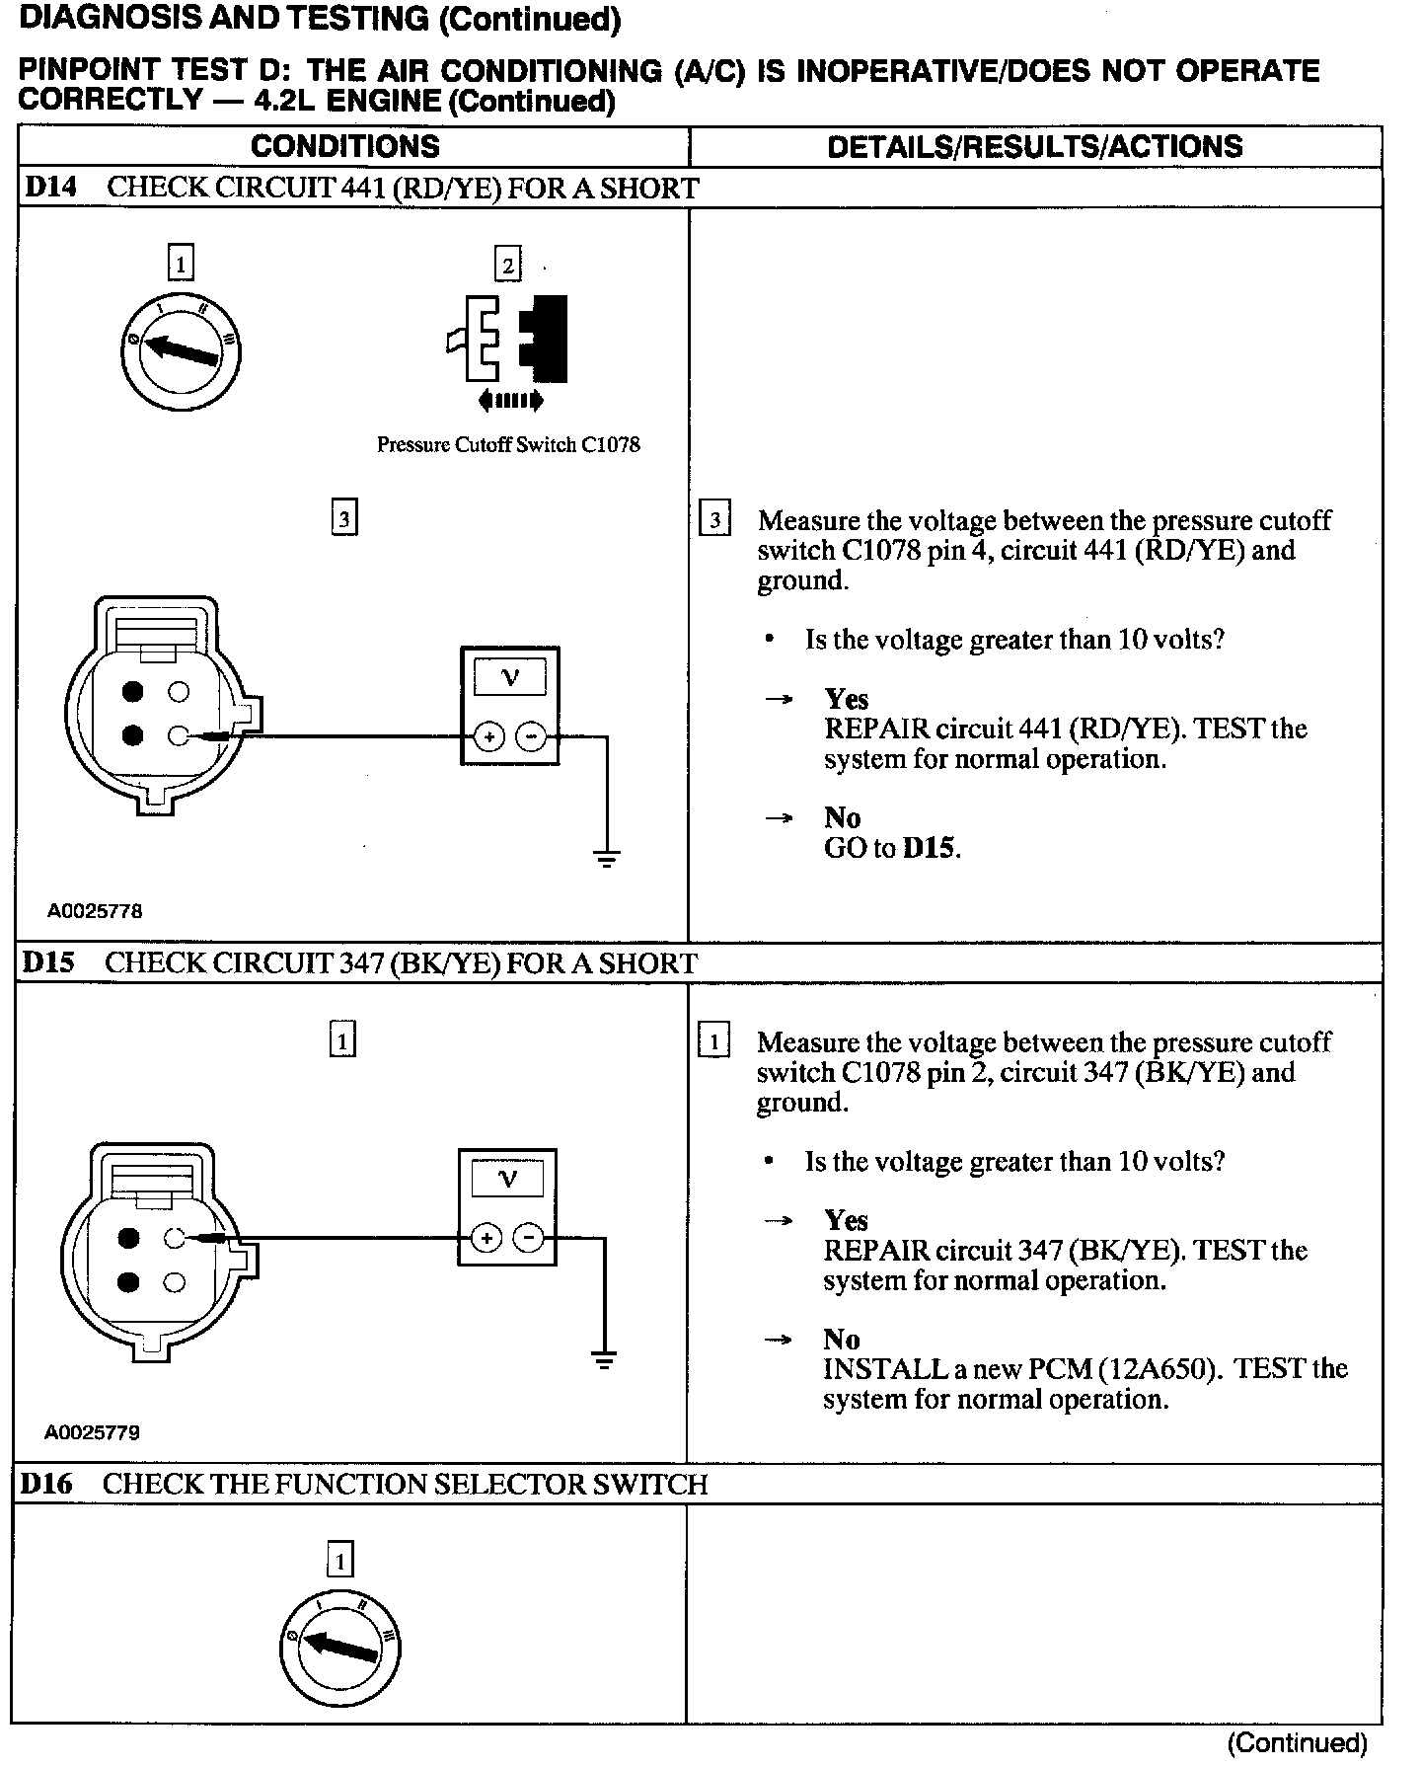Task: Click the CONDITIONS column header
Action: [x=344, y=146]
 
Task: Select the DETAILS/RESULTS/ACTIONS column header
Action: [x=1034, y=146]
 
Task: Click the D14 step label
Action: [x=50, y=188]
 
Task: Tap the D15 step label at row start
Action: [x=48, y=962]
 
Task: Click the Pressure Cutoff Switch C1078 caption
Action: [x=508, y=445]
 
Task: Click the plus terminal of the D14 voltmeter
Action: [x=489, y=736]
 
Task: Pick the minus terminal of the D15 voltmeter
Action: [x=529, y=1238]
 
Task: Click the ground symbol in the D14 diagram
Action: [x=607, y=857]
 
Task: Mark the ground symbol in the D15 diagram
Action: [x=605, y=1360]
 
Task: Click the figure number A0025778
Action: [x=95, y=911]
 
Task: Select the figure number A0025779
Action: [x=92, y=1432]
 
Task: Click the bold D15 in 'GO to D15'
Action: [x=930, y=848]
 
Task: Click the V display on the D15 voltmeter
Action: [x=508, y=1179]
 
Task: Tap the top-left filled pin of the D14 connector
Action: [x=133, y=691]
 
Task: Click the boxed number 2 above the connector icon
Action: [x=507, y=265]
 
